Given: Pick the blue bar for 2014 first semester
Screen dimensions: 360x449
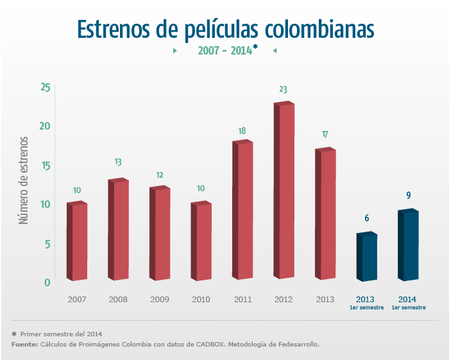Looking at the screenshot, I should pyautogui.click(x=408, y=246).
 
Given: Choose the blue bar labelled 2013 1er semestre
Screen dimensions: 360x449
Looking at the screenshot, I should pyautogui.click(x=367, y=257).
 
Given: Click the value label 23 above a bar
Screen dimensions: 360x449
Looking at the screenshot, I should pyautogui.click(x=283, y=90).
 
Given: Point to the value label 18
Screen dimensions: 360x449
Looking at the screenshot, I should pyautogui.click(x=242, y=132).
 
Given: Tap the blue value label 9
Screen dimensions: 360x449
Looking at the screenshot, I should pyautogui.click(x=409, y=196).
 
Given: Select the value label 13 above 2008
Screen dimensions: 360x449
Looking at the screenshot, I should pyautogui.click(x=118, y=162).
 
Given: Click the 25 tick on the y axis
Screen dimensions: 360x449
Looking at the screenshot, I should pyautogui.click(x=45, y=87).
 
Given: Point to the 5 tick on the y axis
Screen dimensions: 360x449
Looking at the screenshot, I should pyautogui.click(x=47, y=244).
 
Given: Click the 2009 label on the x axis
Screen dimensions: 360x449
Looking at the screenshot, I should pyautogui.click(x=160, y=300).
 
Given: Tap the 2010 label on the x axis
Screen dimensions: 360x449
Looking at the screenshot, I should pyautogui.click(x=201, y=300).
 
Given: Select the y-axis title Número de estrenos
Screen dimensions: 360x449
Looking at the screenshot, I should pyautogui.click(x=24, y=179).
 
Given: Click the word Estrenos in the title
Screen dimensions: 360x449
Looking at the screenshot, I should pyautogui.click(x=114, y=30).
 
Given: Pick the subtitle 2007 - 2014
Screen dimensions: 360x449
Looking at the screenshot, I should pyautogui.click(x=225, y=50).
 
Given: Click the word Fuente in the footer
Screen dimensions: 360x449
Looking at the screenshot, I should pyautogui.click(x=24, y=345).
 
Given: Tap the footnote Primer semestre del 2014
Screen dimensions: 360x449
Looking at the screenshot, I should pyautogui.click(x=61, y=334).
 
